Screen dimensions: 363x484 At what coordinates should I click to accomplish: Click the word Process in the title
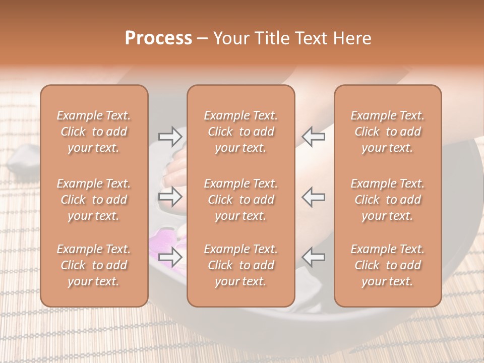(x=158, y=38)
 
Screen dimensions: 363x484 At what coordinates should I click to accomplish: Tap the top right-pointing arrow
(x=170, y=136)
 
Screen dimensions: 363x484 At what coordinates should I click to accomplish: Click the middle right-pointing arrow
(x=170, y=197)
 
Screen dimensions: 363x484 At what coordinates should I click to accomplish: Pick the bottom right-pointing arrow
(x=170, y=257)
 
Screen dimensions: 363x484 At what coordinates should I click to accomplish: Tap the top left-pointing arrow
(x=314, y=136)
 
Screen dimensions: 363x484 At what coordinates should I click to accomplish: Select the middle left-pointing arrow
(x=314, y=197)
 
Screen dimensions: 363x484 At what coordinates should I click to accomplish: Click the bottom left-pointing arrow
(x=314, y=257)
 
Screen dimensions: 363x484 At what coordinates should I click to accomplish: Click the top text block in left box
(x=94, y=132)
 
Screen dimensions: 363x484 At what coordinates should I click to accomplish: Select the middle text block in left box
(x=94, y=200)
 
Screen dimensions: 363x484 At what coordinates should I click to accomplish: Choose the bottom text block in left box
(x=94, y=265)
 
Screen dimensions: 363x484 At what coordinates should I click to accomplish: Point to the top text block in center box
(x=241, y=132)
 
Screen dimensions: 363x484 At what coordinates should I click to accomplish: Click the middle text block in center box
(x=241, y=200)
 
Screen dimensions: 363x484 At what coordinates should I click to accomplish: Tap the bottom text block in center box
(x=241, y=265)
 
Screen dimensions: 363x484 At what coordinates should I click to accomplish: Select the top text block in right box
(x=388, y=132)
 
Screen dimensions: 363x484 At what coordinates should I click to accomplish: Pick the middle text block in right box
(x=388, y=200)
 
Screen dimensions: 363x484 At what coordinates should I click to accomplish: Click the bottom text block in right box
(x=388, y=265)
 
